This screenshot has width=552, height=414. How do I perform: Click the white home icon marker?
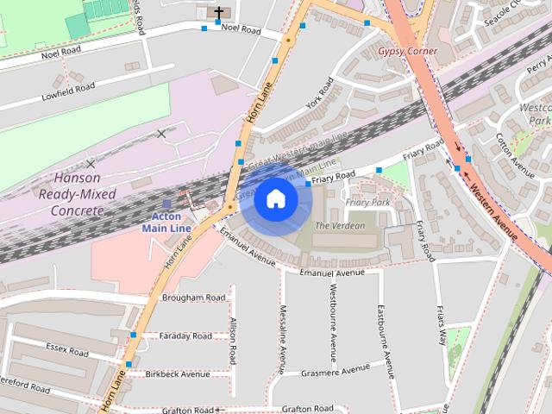click(x=275, y=199)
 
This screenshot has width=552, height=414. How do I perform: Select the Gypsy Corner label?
click(x=408, y=52)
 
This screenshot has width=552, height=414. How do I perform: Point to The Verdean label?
click(x=340, y=226)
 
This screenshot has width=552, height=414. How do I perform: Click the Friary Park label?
click(x=368, y=203)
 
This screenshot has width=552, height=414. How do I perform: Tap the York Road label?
click(x=318, y=95)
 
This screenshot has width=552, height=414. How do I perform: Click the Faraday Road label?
click(x=186, y=336)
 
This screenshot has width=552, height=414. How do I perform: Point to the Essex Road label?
click(x=67, y=352)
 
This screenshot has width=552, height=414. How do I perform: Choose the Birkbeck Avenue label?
click(x=178, y=374)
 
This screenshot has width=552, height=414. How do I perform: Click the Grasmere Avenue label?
click(x=336, y=372)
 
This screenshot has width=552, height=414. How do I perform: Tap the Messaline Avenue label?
click(x=281, y=337)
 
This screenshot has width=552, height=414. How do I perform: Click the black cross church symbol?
click(x=219, y=13)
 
